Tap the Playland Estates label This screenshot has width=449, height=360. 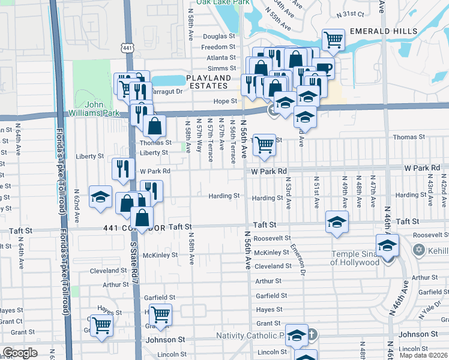click(208, 82)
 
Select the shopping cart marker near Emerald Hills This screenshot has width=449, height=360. click(333, 40)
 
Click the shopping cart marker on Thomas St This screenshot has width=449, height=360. click(264, 145)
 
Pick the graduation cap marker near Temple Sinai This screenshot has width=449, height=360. click(387, 245)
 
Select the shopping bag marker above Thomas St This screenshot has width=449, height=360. click(154, 126)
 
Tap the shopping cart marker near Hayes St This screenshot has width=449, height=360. click(160, 314)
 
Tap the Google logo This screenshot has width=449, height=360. click(20, 353)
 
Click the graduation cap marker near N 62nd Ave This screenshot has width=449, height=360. click(100, 196)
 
